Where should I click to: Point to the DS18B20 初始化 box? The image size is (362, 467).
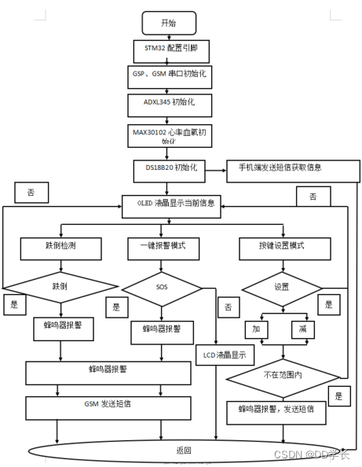pyautogui.click(x=170, y=168)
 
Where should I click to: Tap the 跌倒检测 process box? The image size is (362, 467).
pyautogui.click(x=60, y=247)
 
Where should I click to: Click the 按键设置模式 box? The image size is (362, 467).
pyautogui.click(x=282, y=247)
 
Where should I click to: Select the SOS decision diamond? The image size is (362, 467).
pyautogui.click(x=163, y=288)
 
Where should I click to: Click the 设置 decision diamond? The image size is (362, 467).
pyautogui.click(x=281, y=287)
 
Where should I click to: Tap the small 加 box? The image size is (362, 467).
pyautogui.click(x=256, y=328)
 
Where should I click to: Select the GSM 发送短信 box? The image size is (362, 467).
pyautogui.click(x=108, y=406)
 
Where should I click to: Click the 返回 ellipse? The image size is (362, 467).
pyautogui.click(x=185, y=450)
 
